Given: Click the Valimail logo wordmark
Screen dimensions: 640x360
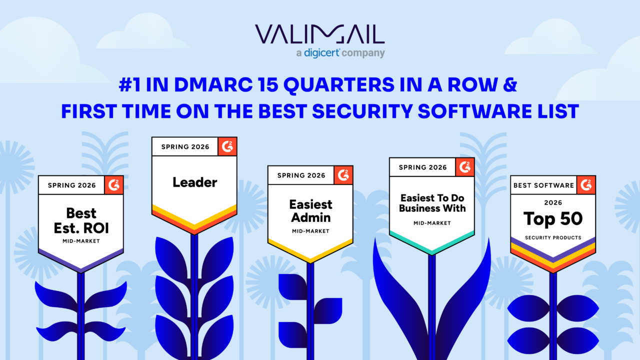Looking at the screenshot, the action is click(x=319, y=34).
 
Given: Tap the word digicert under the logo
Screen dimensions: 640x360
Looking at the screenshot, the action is click(x=321, y=53).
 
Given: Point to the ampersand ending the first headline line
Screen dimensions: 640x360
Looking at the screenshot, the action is click(x=510, y=85).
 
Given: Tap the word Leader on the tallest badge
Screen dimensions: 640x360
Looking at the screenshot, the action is click(x=195, y=182).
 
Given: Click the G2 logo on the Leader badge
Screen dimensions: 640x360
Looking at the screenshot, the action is click(x=227, y=146).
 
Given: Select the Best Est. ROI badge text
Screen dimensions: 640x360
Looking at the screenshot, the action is click(x=81, y=220).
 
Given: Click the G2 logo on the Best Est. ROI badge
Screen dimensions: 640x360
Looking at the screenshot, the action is click(x=114, y=185).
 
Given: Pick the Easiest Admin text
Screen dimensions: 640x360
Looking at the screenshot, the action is click(x=310, y=211).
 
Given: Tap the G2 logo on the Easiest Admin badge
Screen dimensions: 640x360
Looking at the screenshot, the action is click(x=343, y=175).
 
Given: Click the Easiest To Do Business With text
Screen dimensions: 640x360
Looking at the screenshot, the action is click(x=432, y=203).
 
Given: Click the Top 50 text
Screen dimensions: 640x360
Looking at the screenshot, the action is click(x=553, y=219).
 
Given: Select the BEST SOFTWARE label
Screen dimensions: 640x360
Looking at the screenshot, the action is click(x=543, y=185).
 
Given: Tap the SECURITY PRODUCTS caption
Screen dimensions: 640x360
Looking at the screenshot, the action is click(x=553, y=237).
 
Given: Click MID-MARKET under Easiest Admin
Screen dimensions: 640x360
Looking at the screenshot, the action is click(x=310, y=231).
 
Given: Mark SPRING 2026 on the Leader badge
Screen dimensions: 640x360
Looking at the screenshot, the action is click(x=185, y=147).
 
